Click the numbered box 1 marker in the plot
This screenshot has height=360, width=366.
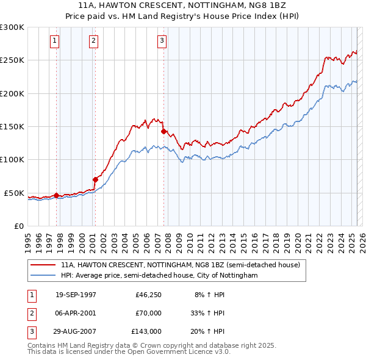[x=54, y=41]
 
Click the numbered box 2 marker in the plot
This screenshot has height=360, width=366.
[x=93, y=41]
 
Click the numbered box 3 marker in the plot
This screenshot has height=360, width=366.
[x=162, y=41]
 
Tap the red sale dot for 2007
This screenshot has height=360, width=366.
[x=164, y=131]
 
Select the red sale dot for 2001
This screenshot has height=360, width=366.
[x=95, y=179]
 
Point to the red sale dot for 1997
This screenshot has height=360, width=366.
[x=57, y=195]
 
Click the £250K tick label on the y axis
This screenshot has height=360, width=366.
[x=12, y=60]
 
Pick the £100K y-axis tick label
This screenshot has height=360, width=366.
[x=12, y=159]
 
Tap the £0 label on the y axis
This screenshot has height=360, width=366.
[x=18, y=226]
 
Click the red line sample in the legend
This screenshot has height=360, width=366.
[x=43, y=265]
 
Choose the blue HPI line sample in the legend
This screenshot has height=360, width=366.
[x=43, y=276]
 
